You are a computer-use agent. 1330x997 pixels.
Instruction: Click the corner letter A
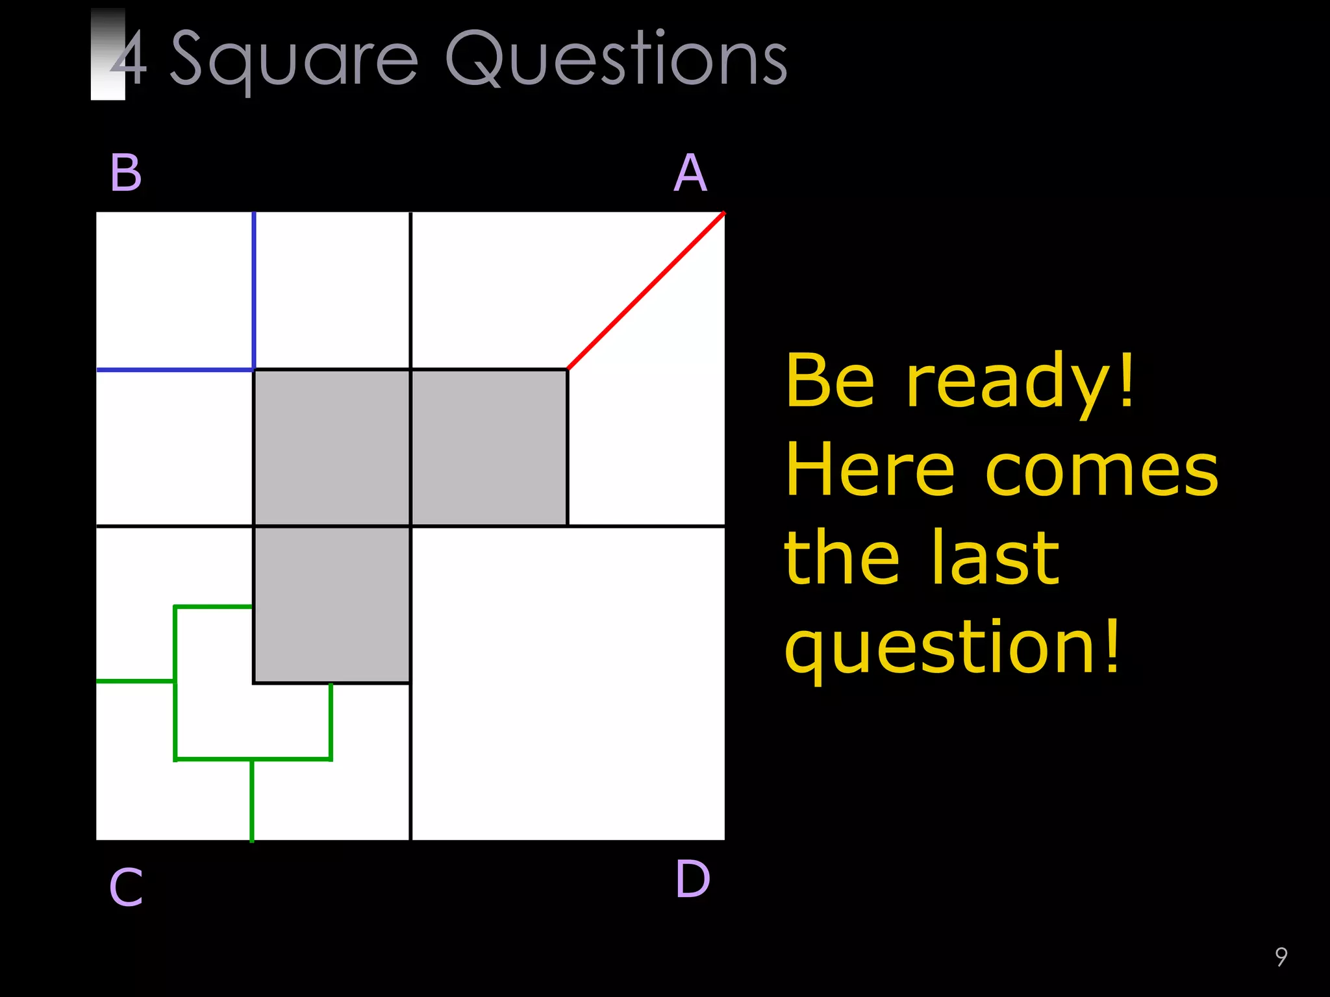pyautogui.click(x=690, y=173)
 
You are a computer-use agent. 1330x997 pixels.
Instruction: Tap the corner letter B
pyautogui.click(x=126, y=173)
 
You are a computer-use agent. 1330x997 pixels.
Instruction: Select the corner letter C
pyautogui.click(x=126, y=887)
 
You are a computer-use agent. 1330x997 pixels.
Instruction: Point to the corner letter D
pyautogui.click(x=692, y=880)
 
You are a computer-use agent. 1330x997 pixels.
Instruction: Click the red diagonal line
pyautogui.click(x=646, y=291)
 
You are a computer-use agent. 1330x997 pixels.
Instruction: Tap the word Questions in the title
pyautogui.click(x=616, y=60)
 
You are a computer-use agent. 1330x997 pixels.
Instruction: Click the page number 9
pyautogui.click(x=1281, y=956)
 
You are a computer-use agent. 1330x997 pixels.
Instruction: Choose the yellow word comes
pyautogui.click(x=1102, y=473)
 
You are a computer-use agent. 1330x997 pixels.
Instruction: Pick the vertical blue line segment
pyautogui.click(x=254, y=290)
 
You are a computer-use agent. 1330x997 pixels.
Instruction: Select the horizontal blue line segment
pyautogui.click(x=175, y=370)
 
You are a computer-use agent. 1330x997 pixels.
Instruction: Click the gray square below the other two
pyautogui.click(x=332, y=604)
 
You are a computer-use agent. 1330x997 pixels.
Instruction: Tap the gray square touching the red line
pyautogui.click(x=489, y=447)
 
